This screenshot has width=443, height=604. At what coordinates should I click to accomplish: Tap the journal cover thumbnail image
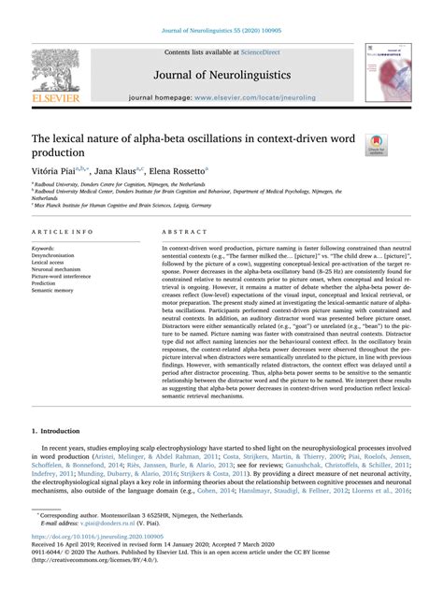click(396, 71)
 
